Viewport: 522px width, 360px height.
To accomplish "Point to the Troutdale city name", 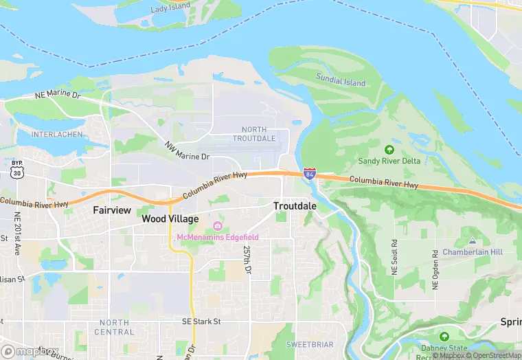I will point(295,206).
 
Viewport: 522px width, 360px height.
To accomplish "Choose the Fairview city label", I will point(111,210).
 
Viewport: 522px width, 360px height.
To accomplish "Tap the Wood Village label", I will point(170,219).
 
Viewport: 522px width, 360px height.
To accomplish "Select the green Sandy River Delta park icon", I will point(389,149).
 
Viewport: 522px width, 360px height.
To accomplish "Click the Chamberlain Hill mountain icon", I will point(472,241).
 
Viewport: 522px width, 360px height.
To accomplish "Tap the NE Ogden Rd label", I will point(435,270).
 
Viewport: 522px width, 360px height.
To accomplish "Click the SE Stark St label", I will point(201,321).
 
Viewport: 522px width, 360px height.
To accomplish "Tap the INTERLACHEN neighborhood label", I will point(56,134).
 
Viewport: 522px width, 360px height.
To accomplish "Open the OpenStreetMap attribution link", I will point(494,355).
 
